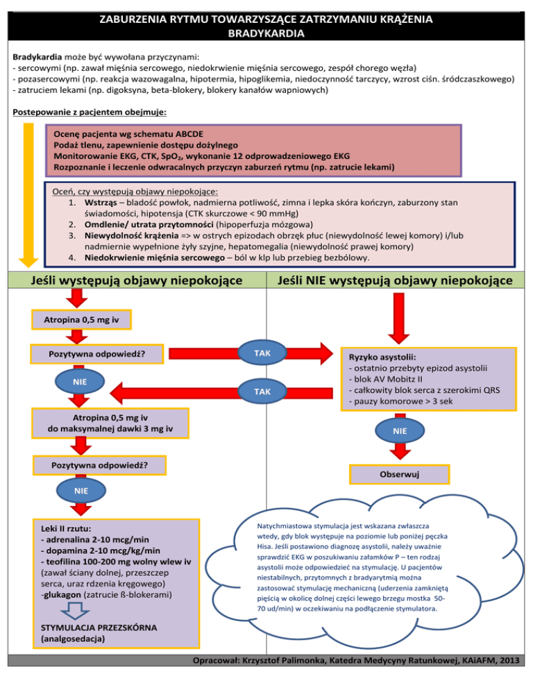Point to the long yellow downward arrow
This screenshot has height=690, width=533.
click(28, 194)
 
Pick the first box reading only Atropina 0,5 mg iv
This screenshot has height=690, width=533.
click(82, 319)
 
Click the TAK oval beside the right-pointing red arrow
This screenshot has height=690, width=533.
click(262, 353)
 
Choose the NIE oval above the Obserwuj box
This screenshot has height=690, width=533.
click(400, 430)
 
